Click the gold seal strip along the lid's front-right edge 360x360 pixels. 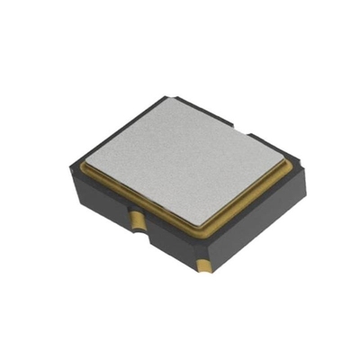(x=253, y=199)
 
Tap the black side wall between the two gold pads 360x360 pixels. (x=171, y=241)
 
